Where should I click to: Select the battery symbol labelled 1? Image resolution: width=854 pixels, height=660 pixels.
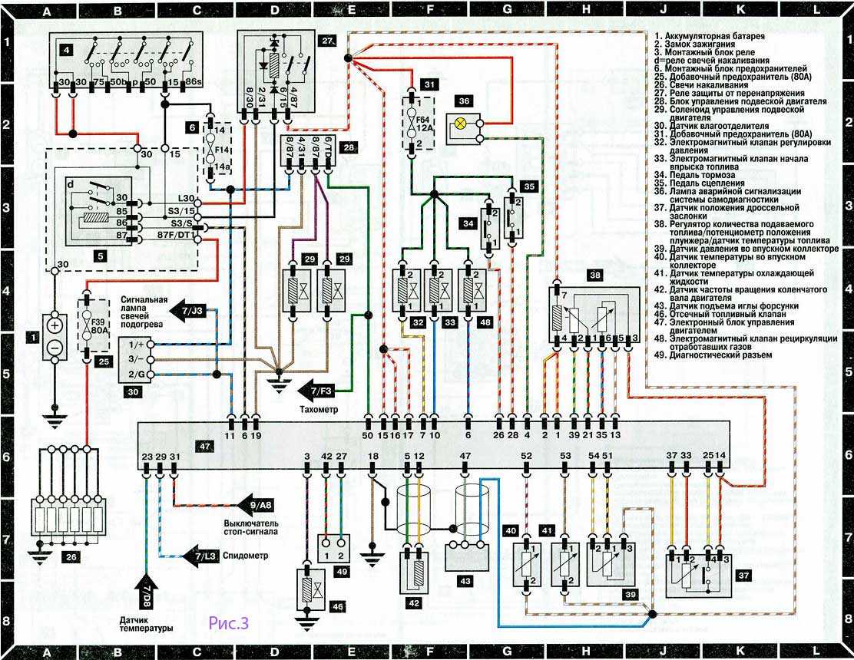pyautogui.click(x=55, y=338)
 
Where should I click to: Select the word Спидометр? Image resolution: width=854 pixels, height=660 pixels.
pyautogui.click(x=244, y=556)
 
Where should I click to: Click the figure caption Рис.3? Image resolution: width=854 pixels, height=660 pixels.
pyautogui.click(x=228, y=623)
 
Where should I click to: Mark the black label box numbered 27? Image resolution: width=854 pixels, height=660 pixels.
pyautogui.click(x=328, y=41)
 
